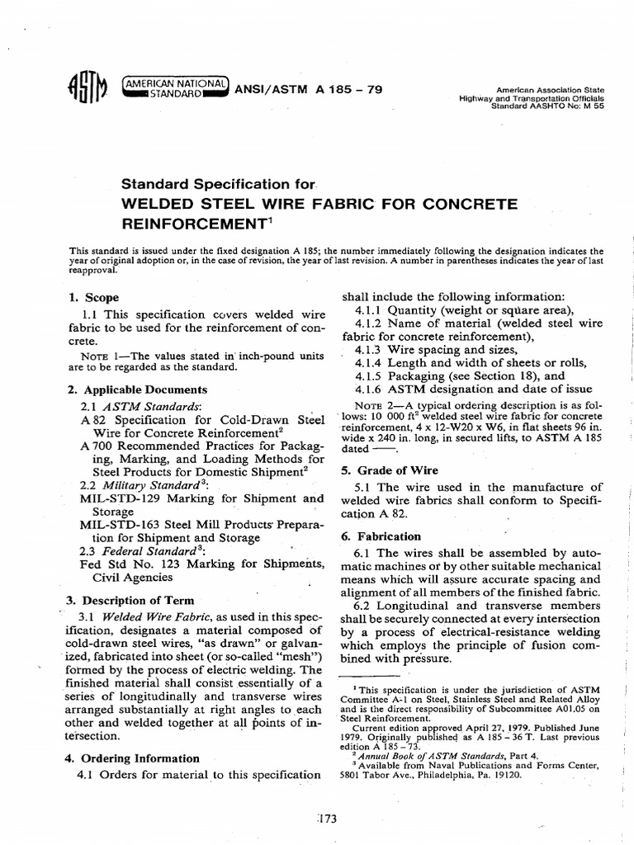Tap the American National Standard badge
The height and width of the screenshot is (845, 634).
pos(173,87)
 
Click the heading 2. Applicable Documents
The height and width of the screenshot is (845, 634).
pos(136,389)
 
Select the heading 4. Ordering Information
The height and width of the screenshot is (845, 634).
pos(132,758)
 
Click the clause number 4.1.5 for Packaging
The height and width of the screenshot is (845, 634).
pos(369,375)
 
